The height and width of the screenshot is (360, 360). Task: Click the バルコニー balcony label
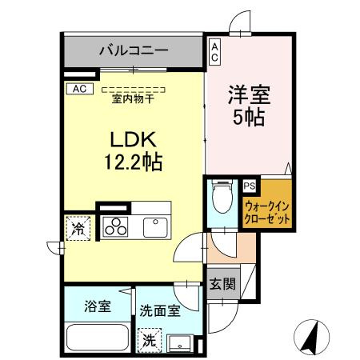(134, 50)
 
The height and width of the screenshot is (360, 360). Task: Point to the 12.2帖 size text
(133, 162)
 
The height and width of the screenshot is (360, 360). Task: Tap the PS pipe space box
(250, 186)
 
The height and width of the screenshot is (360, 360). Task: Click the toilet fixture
(222, 196)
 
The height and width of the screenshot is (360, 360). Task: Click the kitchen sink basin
(155, 226)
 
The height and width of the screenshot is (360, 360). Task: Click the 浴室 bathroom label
(97, 305)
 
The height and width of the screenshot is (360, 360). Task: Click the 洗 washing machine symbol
(150, 339)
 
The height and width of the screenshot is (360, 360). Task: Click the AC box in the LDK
(80, 89)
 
